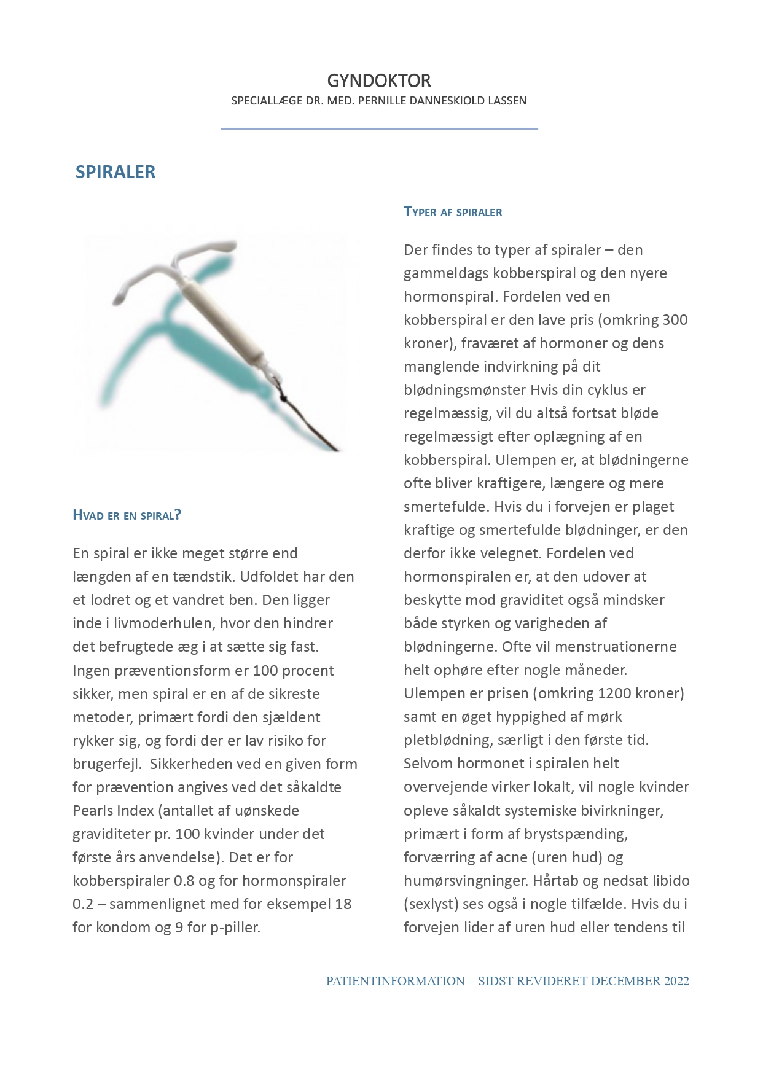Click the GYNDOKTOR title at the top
click(378, 80)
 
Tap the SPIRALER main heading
click(115, 172)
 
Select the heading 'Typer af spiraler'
click(453, 212)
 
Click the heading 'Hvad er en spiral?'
click(127, 515)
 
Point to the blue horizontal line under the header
click(379, 128)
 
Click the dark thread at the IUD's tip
click(313, 424)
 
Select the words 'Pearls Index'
click(113, 811)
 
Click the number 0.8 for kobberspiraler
click(184, 881)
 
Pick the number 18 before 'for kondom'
click(343, 904)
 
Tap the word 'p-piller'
click(235, 928)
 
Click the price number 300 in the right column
click(675, 320)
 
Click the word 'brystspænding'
click(577, 834)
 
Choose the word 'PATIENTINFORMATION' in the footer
click(395, 981)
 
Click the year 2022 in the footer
click(676, 981)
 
